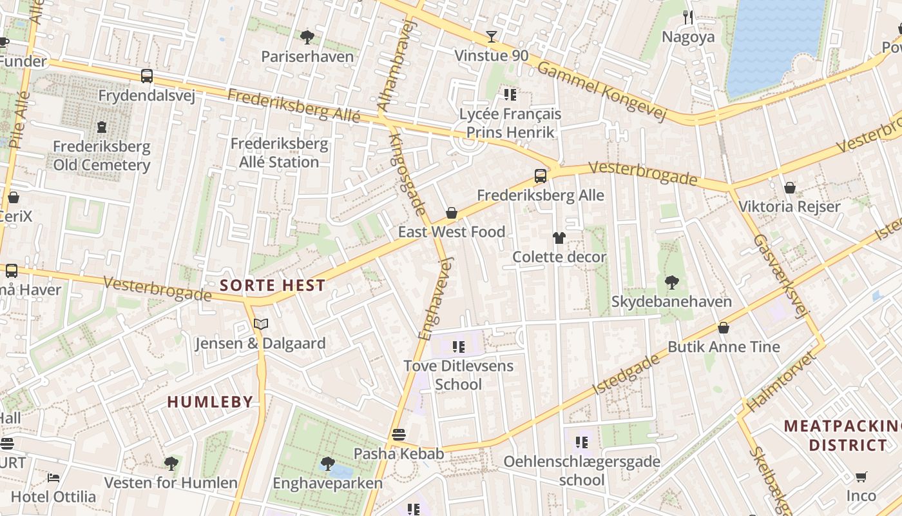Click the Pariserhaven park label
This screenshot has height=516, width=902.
pos(307,57)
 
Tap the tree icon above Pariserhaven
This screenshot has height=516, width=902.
pos(307,37)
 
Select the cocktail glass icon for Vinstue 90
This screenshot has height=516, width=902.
pos(492,37)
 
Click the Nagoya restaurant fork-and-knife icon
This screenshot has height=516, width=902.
pos(688,17)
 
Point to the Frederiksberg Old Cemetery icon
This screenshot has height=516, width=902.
pos(102,127)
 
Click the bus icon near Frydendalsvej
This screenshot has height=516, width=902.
pos(147,76)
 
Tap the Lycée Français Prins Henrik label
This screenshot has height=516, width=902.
pos(510,123)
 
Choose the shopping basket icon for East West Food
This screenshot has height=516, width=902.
pos(452,213)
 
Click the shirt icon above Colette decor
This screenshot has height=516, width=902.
pos(559,238)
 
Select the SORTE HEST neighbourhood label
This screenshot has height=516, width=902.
pos(273,285)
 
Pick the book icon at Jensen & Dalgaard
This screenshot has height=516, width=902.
pos(260,324)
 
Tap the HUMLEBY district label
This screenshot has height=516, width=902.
pos(210,402)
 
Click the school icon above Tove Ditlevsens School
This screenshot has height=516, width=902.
pos(458,347)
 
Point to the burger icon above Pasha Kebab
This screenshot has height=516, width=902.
pos(399,434)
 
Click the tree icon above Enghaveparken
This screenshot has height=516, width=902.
pos(327,463)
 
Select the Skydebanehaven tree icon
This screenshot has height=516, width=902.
pos(671,283)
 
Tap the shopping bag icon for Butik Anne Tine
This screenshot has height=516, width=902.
pos(724,328)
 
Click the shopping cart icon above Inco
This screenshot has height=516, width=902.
pos(861,477)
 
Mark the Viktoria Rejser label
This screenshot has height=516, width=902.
pos(789,207)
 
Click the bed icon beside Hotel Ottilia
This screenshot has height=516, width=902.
pos(53,478)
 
